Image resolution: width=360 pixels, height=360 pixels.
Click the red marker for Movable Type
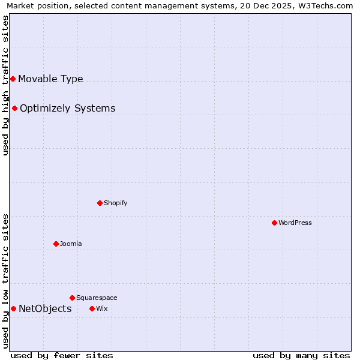(x=13, y=79)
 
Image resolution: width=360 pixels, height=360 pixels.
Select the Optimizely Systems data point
(x=14, y=108)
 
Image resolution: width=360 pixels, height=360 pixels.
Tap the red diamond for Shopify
(x=100, y=203)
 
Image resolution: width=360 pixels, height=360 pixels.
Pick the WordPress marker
(x=274, y=223)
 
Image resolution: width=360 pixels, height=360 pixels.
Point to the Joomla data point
(x=56, y=244)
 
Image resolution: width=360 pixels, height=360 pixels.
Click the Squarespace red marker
(x=72, y=298)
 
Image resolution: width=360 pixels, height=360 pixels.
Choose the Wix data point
(x=92, y=308)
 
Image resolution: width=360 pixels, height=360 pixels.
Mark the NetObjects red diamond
(x=13, y=308)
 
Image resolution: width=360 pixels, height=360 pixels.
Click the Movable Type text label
(x=50, y=79)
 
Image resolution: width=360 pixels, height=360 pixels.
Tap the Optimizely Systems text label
(x=67, y=108)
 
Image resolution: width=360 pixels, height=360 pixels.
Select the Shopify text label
(x=115, y=203)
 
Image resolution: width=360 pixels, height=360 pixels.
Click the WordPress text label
(x=295, y=223)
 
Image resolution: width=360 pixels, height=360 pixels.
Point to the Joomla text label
(x=71, y=244)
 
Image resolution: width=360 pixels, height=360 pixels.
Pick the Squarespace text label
(x=97, y=298)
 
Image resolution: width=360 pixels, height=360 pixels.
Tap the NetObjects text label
(x=45, y=308)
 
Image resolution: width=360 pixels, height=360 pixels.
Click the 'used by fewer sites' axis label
(x=62, y=355)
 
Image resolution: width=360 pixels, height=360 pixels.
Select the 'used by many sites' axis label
(x=301, y=355)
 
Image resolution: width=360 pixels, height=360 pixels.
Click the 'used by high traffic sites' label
(x=5, y=85)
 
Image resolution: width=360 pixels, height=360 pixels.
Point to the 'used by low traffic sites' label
(x=5, y=280)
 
